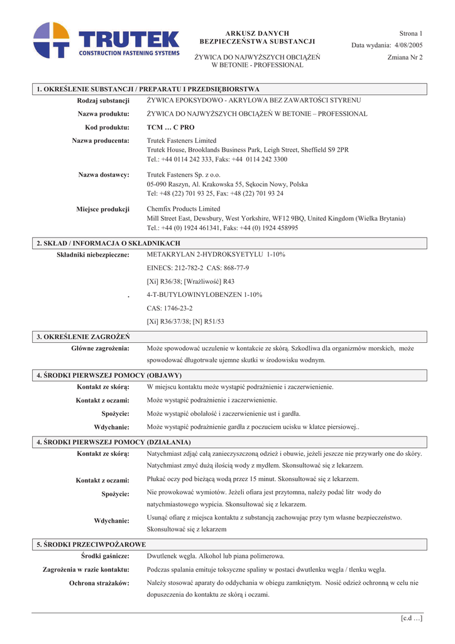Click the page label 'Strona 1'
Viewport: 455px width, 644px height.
coord(410,33)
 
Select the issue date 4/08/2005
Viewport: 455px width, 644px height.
coord(408,45)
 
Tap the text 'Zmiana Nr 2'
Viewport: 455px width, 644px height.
coord(405,57)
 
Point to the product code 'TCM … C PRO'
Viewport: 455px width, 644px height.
coord(170,127)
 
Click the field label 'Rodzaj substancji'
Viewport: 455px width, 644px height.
coord(103,101)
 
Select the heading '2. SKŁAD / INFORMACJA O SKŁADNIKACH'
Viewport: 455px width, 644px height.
coord(108,243)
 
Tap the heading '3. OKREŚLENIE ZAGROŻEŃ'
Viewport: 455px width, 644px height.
coord(83,336)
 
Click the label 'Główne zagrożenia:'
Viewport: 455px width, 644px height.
coord(101,348)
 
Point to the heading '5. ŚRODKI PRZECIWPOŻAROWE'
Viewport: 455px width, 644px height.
coord(91,544)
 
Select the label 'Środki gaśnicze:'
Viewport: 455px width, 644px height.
coord(105,556)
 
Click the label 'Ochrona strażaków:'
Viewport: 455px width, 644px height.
coord(99,583)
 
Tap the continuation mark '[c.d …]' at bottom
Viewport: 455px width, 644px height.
coord(411,618)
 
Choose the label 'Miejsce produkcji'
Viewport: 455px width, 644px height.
coord(103,209)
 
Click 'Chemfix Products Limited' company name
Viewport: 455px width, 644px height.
coord(184,209)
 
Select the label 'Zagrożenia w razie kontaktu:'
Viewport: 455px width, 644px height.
coord(86,570)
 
